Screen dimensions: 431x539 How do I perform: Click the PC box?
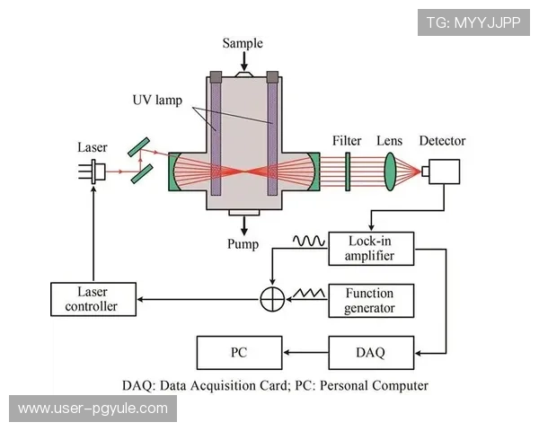[x=239, y=352]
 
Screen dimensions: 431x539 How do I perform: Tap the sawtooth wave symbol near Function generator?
[x=305, y=292]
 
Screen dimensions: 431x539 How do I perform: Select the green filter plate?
[x=348, y=171]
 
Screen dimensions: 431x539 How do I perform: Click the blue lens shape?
[x=391, y=170]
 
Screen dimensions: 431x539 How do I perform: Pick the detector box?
[x=442, y=172]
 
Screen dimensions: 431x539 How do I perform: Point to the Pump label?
[x=243, y=244]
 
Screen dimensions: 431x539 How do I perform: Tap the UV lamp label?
[x=157, y=101]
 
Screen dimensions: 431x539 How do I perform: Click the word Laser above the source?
[x=92, y=145]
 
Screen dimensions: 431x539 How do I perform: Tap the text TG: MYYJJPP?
[x=473, y=22]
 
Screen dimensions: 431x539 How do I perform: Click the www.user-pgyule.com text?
[x=93, y=409]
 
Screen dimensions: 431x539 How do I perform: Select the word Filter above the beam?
[x=347, y=141]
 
